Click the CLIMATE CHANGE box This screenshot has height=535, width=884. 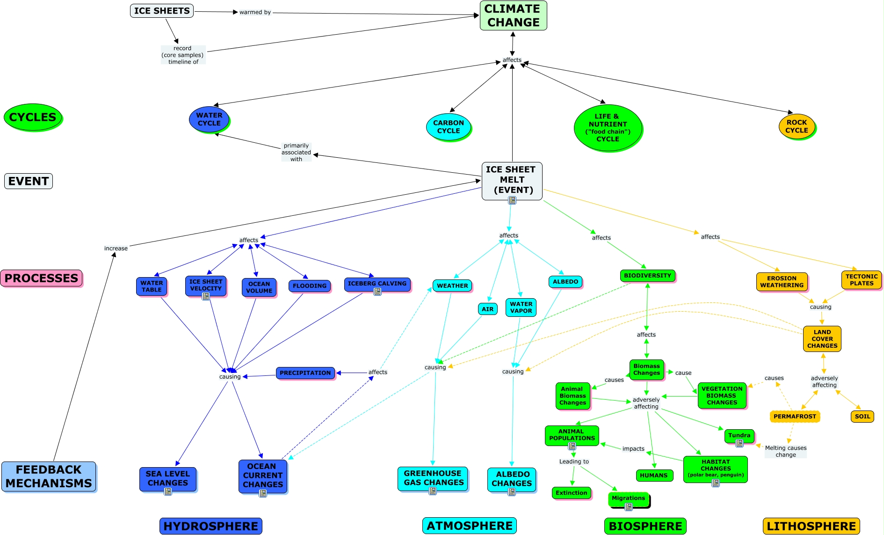(x=513, y=15)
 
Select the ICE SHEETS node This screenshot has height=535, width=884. (x=162, y=11)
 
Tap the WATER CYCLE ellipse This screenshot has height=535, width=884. (x=209, y=119)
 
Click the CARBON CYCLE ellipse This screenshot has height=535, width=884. (x=448, y=127)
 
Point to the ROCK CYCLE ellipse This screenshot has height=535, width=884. (x=797, y=126)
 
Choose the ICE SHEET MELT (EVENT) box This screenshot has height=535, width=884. (x=512, y=181)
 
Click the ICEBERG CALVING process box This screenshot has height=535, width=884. (x=377, y=284)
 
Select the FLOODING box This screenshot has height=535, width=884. (x=310, y=286)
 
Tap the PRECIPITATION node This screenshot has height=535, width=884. (x=305, y=373)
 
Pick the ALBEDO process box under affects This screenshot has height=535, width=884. (x=565, y=281)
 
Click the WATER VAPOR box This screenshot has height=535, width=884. (x=521, y=307)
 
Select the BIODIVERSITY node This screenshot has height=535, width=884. (x=647, y=276)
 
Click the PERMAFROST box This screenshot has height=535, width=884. (x=795, y=416)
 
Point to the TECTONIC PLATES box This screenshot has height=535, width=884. (x=861, y=280)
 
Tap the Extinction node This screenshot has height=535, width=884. (x=571, y=493)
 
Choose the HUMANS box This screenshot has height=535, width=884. (x=653, y=476)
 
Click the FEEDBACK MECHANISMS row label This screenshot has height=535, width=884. (x=49, y=476)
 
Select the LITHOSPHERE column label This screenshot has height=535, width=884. (x=811, y=526)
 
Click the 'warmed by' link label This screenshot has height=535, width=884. (x=255, y=12)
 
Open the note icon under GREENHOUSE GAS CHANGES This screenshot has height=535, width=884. (x=433, y=491)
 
